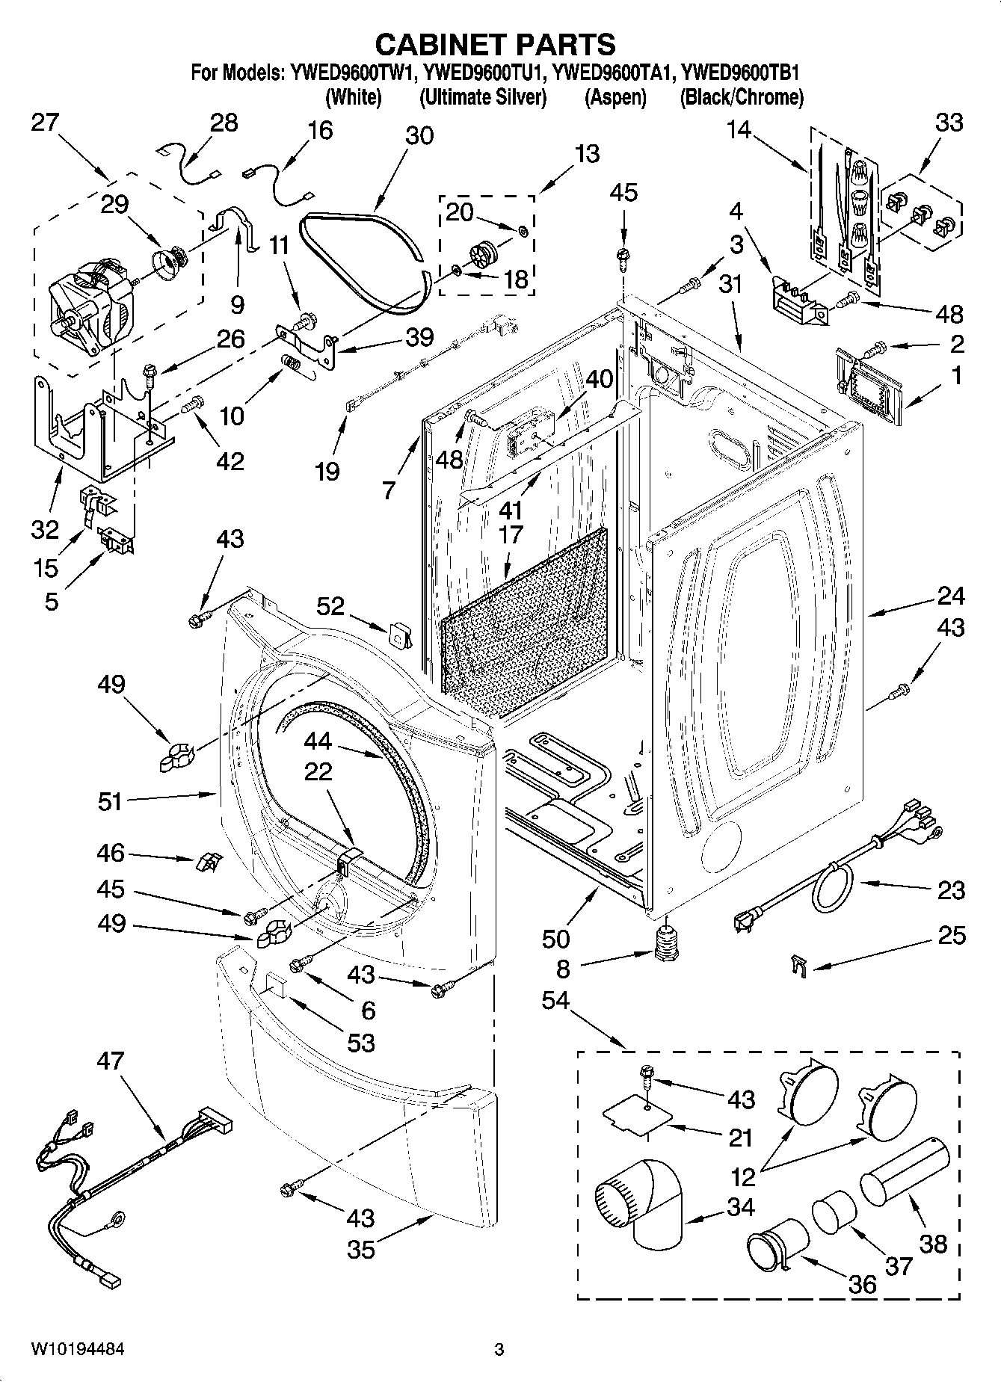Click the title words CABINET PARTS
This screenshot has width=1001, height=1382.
(x=495, y=45)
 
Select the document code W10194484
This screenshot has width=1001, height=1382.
(x=78, y=1349)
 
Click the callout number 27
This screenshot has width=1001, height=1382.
(x=45, y=122)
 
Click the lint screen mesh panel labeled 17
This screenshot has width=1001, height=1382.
(x=523, y=620)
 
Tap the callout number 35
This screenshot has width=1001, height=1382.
(x=361, y=1249)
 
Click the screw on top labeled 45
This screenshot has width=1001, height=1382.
(x=621, y=256)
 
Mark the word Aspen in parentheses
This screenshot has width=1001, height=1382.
(x=615, y=97)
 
